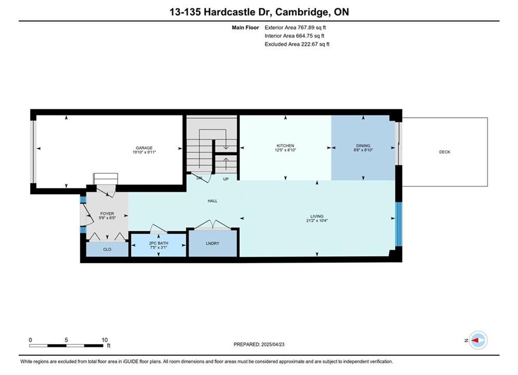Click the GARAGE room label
coord(144,148)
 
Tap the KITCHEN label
coord(285,146)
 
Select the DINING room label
coord(363,146)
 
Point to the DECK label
coord(445,152)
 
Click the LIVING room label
coord(317,217)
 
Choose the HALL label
coord(212,201)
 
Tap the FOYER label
coord(107,214)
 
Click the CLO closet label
coord(107,249)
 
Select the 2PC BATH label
coord(159,243)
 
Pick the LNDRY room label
coord(212,244)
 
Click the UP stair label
coord(225,179)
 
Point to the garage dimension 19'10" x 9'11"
coord(144,152)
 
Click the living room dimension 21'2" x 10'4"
coord(317,221)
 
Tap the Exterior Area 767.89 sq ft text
coord(295,28)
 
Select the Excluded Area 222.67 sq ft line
coord(297,44)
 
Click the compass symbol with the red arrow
coord(478,340)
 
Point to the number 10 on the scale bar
coord(105,340)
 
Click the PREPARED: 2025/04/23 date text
coord(259,344)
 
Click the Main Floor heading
coord(245,28)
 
